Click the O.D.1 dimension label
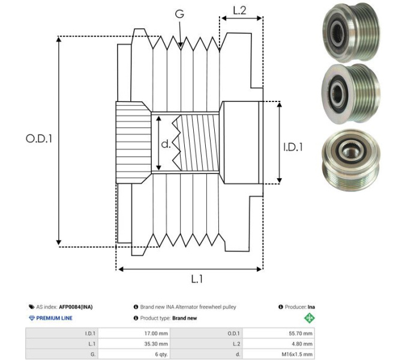[39, 139]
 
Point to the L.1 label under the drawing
[197, 278]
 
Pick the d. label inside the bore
[166, 145]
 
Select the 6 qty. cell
[160, 355]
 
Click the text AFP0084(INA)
[76, 307]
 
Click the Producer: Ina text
[296, 307]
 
